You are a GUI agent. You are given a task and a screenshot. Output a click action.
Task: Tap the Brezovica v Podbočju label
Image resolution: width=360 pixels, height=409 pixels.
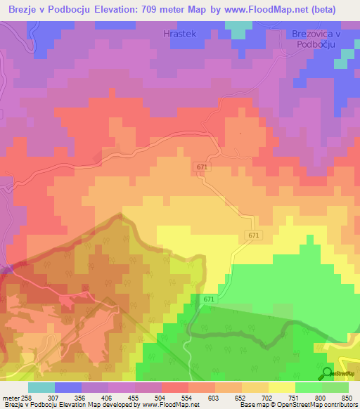pyautogui.click(x=315, y=39)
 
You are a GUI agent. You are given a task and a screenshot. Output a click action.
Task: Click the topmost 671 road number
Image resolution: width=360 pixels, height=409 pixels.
pyautogui.click(x=202, y=167)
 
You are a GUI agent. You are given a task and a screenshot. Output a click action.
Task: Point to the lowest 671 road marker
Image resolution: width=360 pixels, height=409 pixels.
pyautogui.click(x=210, y=299)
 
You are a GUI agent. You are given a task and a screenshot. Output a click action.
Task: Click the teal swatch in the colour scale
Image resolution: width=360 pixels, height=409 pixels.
pyautogui.click(x=41, y=387)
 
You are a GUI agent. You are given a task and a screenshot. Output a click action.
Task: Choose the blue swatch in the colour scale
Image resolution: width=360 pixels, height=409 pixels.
pyautogui.click(x=68, y=387)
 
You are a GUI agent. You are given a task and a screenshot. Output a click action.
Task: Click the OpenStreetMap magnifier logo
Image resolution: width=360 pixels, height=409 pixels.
pyautogui.click(x=327, y=373)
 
